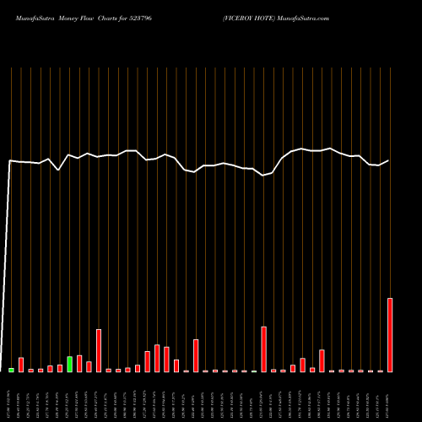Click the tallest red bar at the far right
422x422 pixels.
[x=390, y=335]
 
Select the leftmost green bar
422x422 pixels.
[x=11, y=370]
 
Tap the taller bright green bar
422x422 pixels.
[x=70, y=364]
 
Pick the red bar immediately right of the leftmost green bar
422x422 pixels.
[x=21, y=365]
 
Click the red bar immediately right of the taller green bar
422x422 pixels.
[x=79, y=363]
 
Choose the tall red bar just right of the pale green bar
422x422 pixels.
[x=264, y=349]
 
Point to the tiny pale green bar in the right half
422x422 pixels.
[x=254, y=371]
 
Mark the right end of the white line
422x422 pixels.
[x=389, y=160]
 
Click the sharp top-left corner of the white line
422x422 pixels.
[x=10, y=160]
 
